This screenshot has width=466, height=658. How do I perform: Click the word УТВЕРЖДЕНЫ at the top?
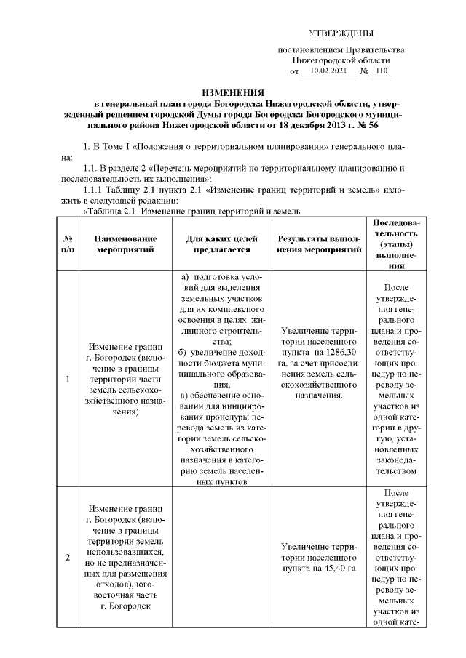(x=341, y=33)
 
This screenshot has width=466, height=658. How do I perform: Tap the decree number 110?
(x=383, y=72)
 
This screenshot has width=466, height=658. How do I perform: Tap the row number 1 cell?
(x=68, y=379)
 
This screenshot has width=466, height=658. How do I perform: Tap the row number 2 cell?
(x=68, y=558)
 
